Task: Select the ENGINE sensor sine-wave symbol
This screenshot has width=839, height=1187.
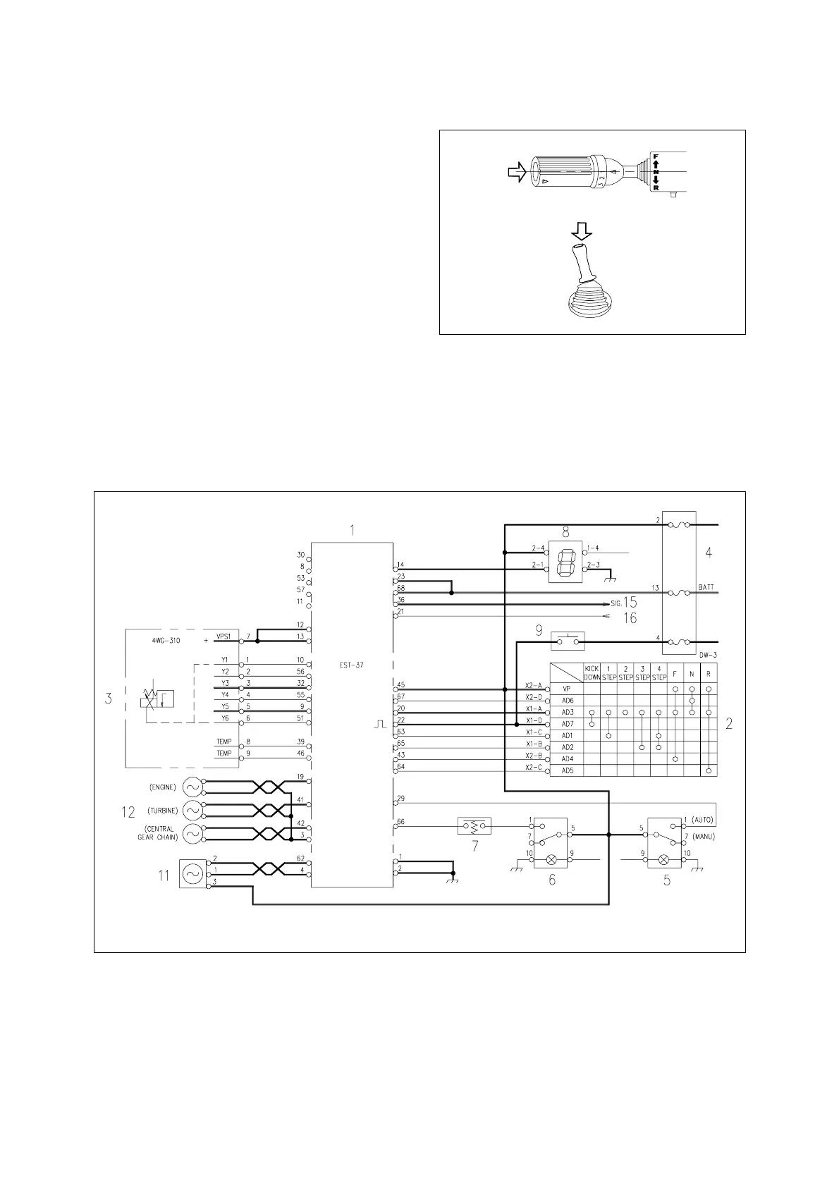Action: point(191,787)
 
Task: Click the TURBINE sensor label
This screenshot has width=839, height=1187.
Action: point(163,811)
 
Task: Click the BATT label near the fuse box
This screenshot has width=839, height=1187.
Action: point(706,586)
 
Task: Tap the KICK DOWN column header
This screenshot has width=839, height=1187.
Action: point(592,672)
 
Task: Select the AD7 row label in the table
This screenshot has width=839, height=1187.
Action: point(567,724)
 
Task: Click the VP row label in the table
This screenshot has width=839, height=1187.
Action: point(566,689)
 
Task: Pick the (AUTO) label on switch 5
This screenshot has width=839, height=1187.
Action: point(704,820)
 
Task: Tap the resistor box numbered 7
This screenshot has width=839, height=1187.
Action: point(474,825)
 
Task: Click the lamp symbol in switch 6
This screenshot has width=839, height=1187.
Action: point(552,860)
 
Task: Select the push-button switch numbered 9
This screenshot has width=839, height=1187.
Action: point(568,641)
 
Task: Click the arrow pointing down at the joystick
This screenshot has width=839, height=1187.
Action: point(582,230)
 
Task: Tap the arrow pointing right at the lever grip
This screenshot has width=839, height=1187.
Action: point(517,173)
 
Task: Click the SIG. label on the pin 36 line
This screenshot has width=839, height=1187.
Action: point(616,605)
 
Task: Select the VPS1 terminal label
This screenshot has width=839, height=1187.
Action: point(223,636)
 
